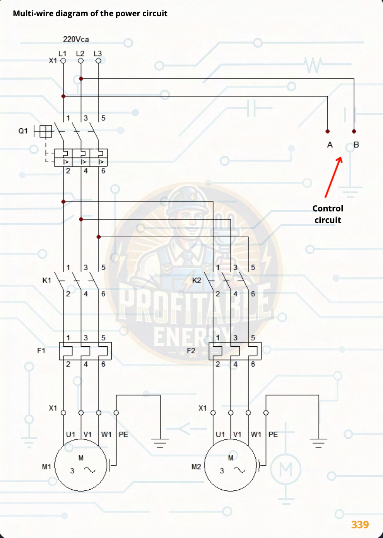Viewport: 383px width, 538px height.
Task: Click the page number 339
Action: pos(360,524)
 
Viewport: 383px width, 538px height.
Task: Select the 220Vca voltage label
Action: pos(76,39)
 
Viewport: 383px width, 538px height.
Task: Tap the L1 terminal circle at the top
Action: pos(63,61)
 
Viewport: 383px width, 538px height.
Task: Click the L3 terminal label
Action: pos(98,54)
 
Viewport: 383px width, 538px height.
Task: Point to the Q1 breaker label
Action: pos(23,131)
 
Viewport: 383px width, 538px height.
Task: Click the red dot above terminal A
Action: pos(328,131)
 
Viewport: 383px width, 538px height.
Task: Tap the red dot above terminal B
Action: pos(354,131)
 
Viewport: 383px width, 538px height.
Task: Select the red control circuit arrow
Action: pos(333,177)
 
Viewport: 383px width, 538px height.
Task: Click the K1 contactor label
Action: pos(47,280)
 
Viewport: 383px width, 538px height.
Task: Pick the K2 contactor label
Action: pos(197,280)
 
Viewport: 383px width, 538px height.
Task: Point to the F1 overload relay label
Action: pos(41,351)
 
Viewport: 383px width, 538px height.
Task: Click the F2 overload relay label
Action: pos(191,351)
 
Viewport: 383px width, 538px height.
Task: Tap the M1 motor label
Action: pos(46,467)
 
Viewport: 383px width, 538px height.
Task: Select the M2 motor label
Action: pos(196,467)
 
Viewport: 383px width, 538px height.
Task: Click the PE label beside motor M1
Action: pos(123,434)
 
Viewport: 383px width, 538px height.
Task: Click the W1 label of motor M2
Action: pos(256,434)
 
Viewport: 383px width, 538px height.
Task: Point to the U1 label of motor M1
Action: pos(70,434)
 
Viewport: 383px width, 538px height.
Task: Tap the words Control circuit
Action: pos(328,214)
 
